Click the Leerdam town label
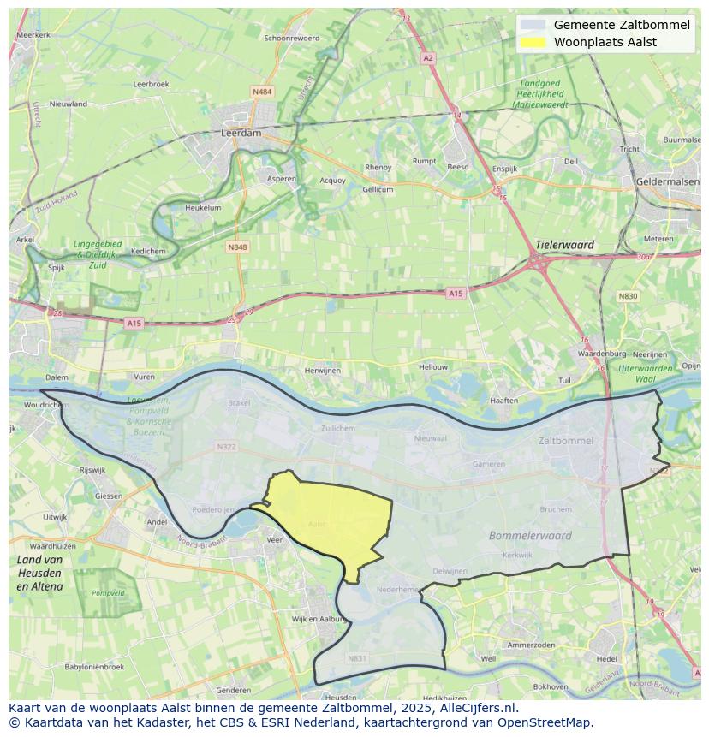point(241,134)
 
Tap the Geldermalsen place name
point(668,181)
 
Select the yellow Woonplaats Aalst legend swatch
point(532,42)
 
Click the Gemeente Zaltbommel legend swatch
point(532,25)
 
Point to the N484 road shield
point(262,91)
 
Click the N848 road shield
point(237,247)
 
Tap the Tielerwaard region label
point(564,245)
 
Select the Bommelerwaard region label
point(530,536)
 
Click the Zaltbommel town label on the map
point(566,441)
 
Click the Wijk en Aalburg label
point(318,618)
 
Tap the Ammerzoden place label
point(532,645)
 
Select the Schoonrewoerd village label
point(292,38)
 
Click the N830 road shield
point(628,296)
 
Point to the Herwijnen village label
point(322,370)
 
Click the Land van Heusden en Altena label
point(39,573)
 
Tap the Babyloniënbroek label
point(94,666)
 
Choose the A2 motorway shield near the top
point(428,58)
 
